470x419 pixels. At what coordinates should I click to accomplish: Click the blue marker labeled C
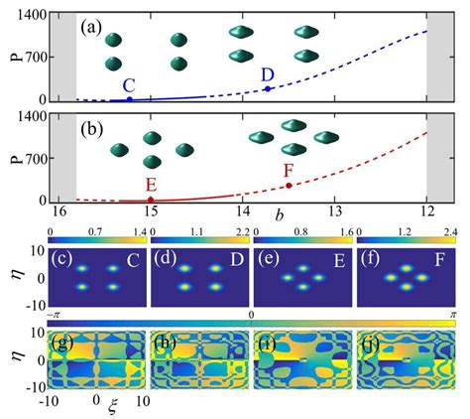[129, 99]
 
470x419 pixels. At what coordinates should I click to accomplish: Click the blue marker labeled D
[267, 89]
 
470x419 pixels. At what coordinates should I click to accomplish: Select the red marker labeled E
[150, 200]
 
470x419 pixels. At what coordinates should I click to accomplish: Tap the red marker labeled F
[289, 186]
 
